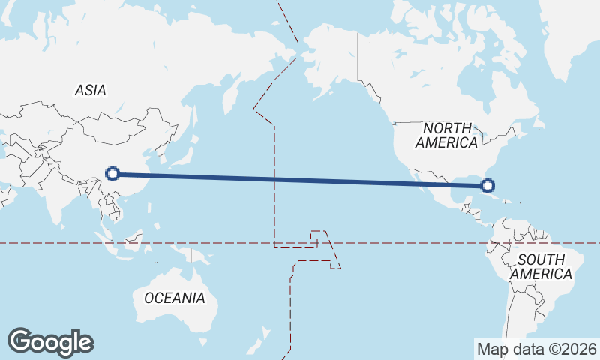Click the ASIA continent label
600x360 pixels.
[x=91, y=91]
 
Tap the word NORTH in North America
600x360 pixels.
[x=447, y=128]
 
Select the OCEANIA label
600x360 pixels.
[x=174, y=298]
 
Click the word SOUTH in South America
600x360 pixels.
[x=541, y=259]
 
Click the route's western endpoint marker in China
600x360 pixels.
[x=112, y=174]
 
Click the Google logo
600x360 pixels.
[x=50, y=342]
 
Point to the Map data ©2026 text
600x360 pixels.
[x=537, y=349]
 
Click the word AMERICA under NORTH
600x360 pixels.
[x=447, y=142]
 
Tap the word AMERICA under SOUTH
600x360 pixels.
[x=541, y=274]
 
